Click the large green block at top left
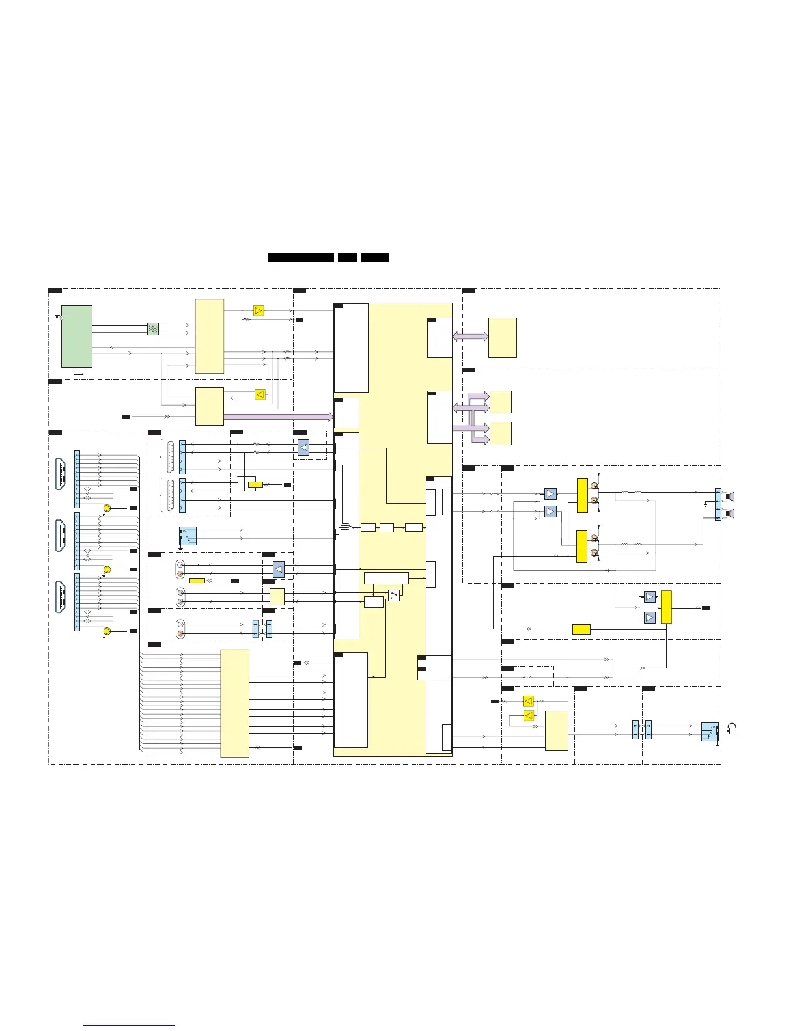coord(76,336)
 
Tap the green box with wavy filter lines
coord(153,329)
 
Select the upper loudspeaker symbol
coord(731,497)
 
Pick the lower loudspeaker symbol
coord(731,514)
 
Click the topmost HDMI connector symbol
coord(62,474)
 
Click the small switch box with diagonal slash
coord(393,595)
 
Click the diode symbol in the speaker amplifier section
coord(607,570)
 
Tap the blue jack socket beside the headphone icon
coord(710,732)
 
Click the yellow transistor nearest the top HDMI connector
coord(107,508)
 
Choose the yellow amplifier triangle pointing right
coord(259,310)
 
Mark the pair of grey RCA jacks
coord(180,597)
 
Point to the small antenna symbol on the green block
coord(59,317)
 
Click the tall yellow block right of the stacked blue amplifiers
coord(666,607)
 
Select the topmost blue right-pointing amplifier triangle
coord(550,494)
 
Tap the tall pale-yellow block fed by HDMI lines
coord(234,703)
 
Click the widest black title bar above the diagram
coord(301,258)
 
